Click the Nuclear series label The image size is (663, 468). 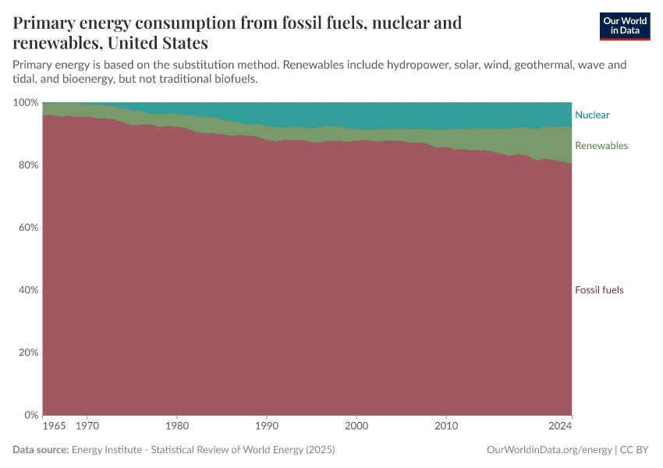click(592, 115)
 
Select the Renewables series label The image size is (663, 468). click(601, 146)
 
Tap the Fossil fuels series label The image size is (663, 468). click(599, 290)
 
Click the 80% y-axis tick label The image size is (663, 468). click(27, 165)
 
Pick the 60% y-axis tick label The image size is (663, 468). click(27, 228)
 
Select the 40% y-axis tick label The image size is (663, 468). click(27, 290)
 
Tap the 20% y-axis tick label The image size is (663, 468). click(27, 353)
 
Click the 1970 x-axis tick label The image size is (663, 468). click(87, 427)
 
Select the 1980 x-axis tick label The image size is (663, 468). click(177, 427)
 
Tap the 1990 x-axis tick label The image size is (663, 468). click(267, 427)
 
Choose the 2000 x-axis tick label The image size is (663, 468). click(356, 427)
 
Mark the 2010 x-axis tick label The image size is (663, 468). click(446, 427)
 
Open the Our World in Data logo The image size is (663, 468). click(624, 26)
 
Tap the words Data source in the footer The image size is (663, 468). click(41, 450)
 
